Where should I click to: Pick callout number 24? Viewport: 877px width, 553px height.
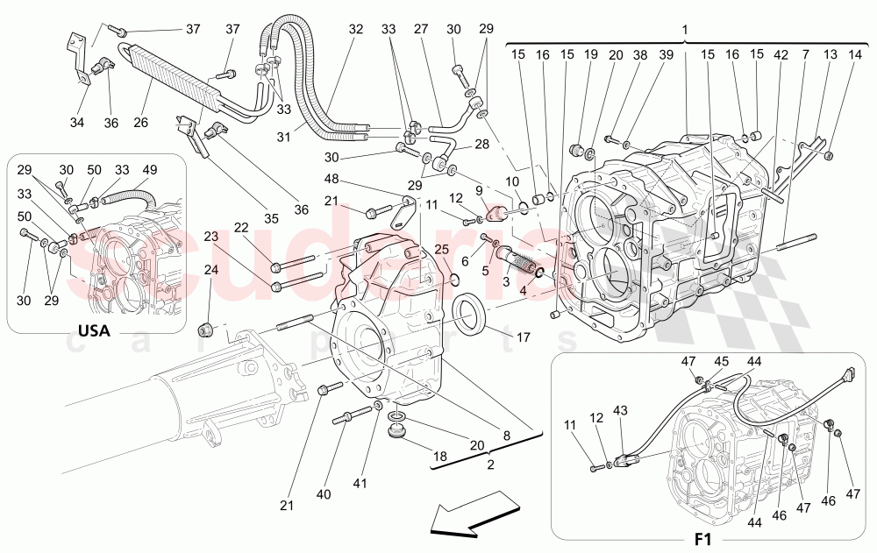[211, 271]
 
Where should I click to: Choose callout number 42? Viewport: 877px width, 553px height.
[781, 54]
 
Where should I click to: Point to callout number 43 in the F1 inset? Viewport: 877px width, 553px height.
[621, 410]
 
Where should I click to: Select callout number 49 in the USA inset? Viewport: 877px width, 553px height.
[150, 169]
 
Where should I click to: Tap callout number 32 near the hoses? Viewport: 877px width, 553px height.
[355, 29]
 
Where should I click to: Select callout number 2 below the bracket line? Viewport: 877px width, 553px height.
[490, 464]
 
